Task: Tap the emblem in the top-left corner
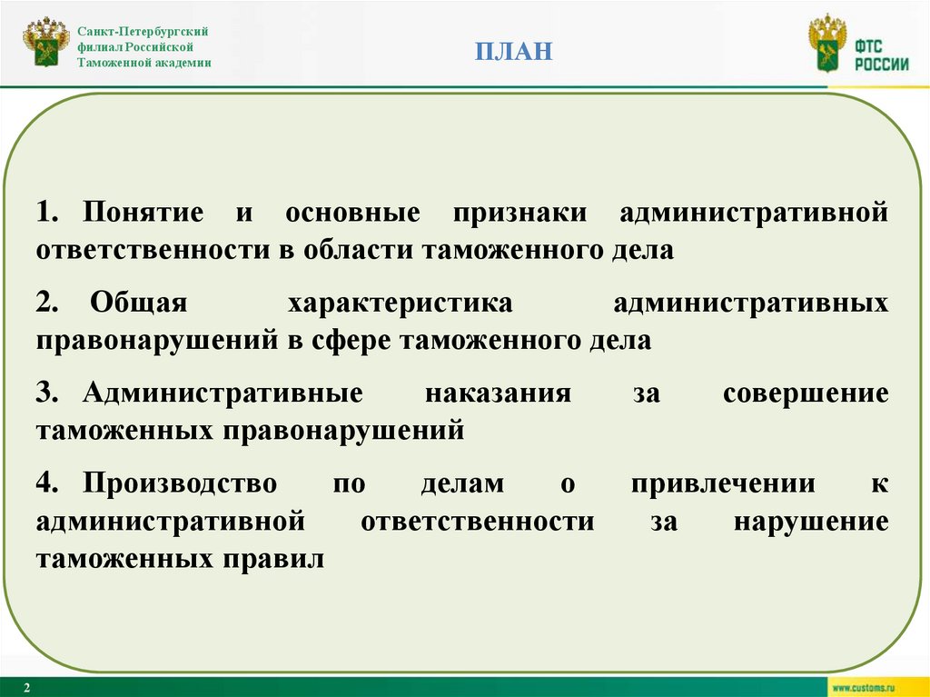point(46,43)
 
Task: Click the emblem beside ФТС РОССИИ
point(827,43)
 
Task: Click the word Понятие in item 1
point(143,214)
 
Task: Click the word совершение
point(806,394)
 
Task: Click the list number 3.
point(46,394)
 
